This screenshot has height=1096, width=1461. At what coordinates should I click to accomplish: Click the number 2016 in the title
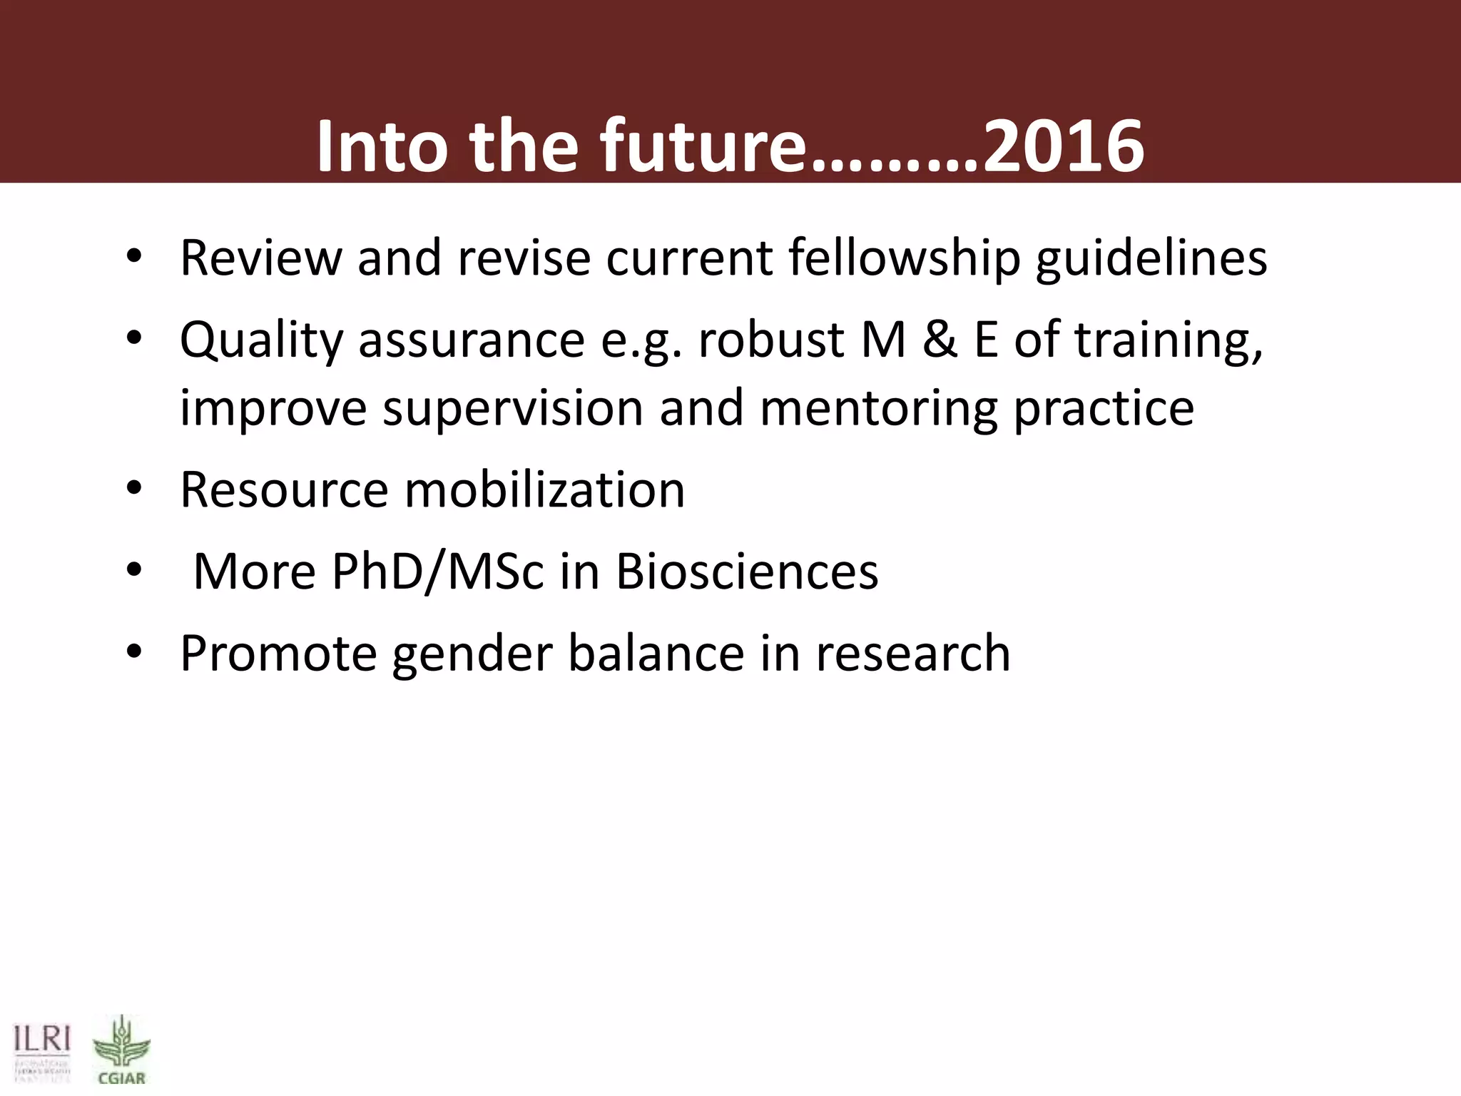(x=1063, y=146)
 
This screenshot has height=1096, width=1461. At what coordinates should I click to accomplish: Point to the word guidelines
(x=1151, y=258)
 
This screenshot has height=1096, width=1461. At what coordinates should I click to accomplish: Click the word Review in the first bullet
(x=261, y=258)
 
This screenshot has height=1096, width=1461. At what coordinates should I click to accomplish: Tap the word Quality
(x=261, y=341)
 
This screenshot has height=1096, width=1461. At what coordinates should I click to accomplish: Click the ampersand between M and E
(x=940, y=340)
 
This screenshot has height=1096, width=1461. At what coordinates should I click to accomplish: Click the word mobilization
(x=544, y=490)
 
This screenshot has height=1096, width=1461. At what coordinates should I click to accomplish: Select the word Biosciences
(x=747, y=572)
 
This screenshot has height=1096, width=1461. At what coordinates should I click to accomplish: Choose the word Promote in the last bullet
(x=278, y=654)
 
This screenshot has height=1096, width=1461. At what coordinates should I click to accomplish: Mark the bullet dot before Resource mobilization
(x=134, y=490)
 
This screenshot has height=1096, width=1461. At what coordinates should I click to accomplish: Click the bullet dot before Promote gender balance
(x=134, y=653)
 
